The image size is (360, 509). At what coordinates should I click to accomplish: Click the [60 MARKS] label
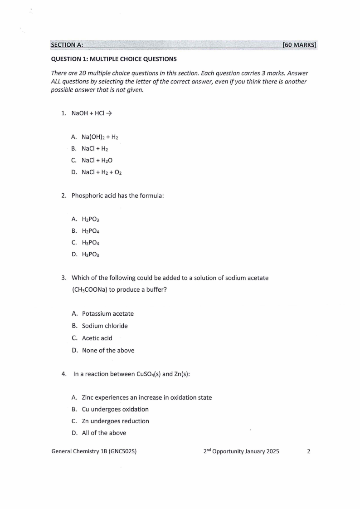click(x=299, y=45)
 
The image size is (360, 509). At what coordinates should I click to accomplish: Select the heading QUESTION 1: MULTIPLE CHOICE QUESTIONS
click(x=114, y=59)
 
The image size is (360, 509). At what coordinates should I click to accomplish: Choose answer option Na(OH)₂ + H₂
click(x=100, y=137)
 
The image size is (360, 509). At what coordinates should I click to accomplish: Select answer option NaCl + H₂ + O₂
click(x=102, y=172)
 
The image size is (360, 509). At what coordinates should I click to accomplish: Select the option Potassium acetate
click(x=107, y=313)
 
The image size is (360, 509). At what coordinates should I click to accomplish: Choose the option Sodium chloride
click(x=105, y=326)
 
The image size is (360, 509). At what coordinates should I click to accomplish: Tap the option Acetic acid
click(x=97, y=338)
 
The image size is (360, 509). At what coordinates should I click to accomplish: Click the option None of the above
click(x=108, y=350)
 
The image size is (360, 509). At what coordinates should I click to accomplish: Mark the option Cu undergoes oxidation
click(x=115, y=409)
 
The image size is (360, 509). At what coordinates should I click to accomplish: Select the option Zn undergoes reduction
click(x=115, y=421)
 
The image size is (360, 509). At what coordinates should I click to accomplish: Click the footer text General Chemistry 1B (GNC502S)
click(x=94, y=451)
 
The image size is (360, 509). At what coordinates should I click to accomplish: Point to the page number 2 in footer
click(x=309, y=451)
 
